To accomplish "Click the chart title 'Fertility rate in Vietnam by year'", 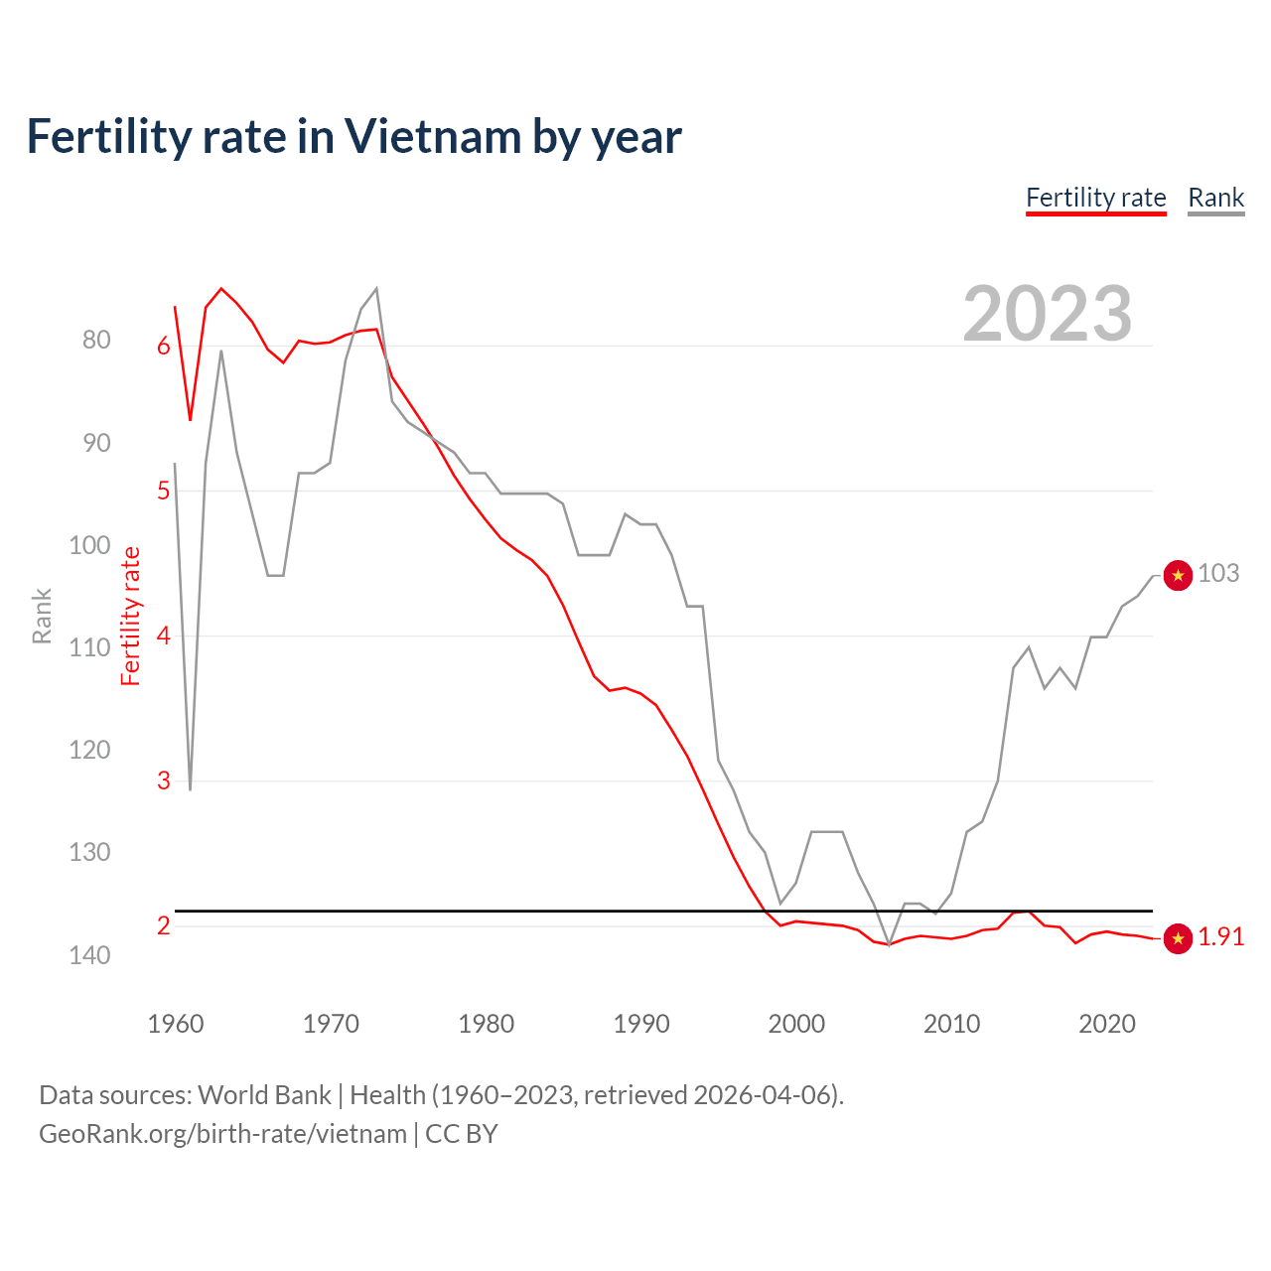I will [353, 137].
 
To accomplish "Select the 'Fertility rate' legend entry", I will [1095, 198].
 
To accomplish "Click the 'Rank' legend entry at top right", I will [1215, 198].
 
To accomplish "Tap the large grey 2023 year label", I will [1047, 314].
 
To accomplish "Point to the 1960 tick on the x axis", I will [176, 1024].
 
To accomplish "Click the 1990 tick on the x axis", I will [641, 1024].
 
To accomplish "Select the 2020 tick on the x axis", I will [1107, 1024].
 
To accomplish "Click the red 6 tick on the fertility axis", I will [164, 347].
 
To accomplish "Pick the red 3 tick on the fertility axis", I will [164, 781].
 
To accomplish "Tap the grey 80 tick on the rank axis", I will [96, 340].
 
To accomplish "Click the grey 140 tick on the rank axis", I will [89, 955].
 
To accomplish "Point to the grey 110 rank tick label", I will [89, 647].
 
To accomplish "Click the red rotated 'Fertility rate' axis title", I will [131, 617].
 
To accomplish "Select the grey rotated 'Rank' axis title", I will [42, 617].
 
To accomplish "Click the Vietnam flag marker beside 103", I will [1178, 575].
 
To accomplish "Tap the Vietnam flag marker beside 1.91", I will [1178, 938].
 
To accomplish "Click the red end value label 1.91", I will [1220, 937].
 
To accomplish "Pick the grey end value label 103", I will [1218, 574].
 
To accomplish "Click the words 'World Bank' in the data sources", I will [264, 1095].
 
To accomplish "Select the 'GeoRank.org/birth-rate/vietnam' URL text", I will [222, 1134].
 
